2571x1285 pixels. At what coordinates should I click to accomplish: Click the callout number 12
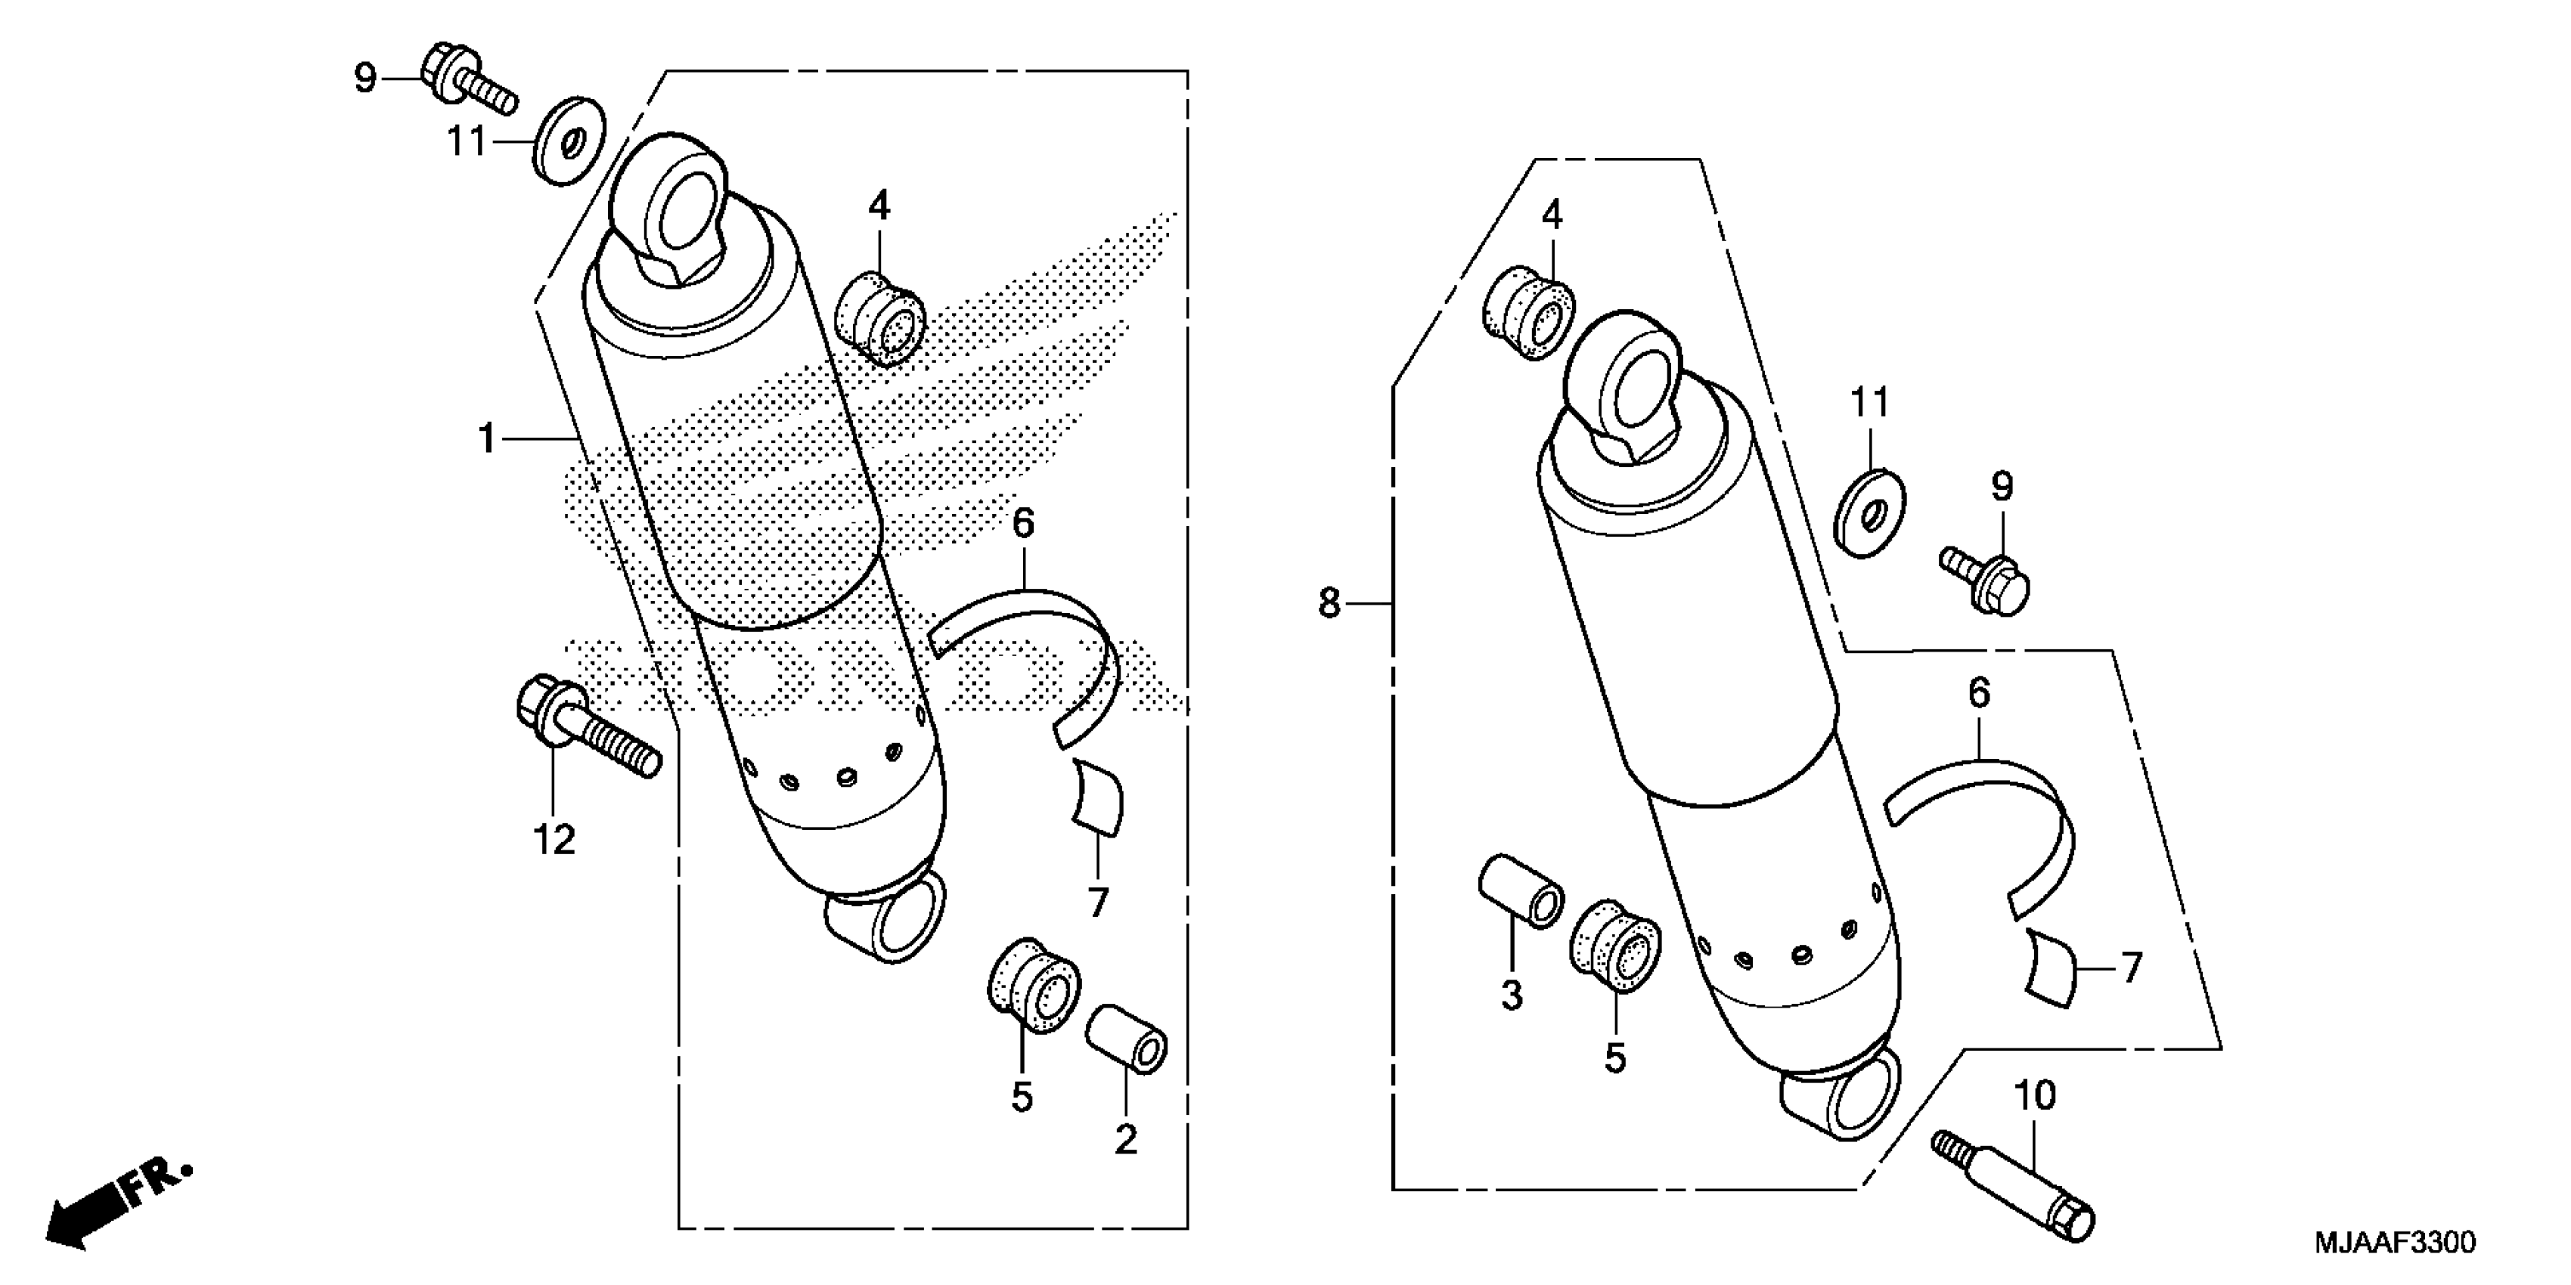click(x=554, y=840)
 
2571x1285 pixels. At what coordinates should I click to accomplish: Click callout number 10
click(x=2035, y=1097)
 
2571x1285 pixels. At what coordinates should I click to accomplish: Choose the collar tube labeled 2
click(x=1127, y=1041)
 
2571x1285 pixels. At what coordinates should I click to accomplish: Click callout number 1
click(x=487, y=438)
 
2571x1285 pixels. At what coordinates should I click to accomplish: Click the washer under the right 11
click(x=1869, y=514)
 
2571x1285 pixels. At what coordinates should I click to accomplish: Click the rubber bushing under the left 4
click(x=880, y=318)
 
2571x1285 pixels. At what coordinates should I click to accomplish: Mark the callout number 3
click(x=1512, y=995)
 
